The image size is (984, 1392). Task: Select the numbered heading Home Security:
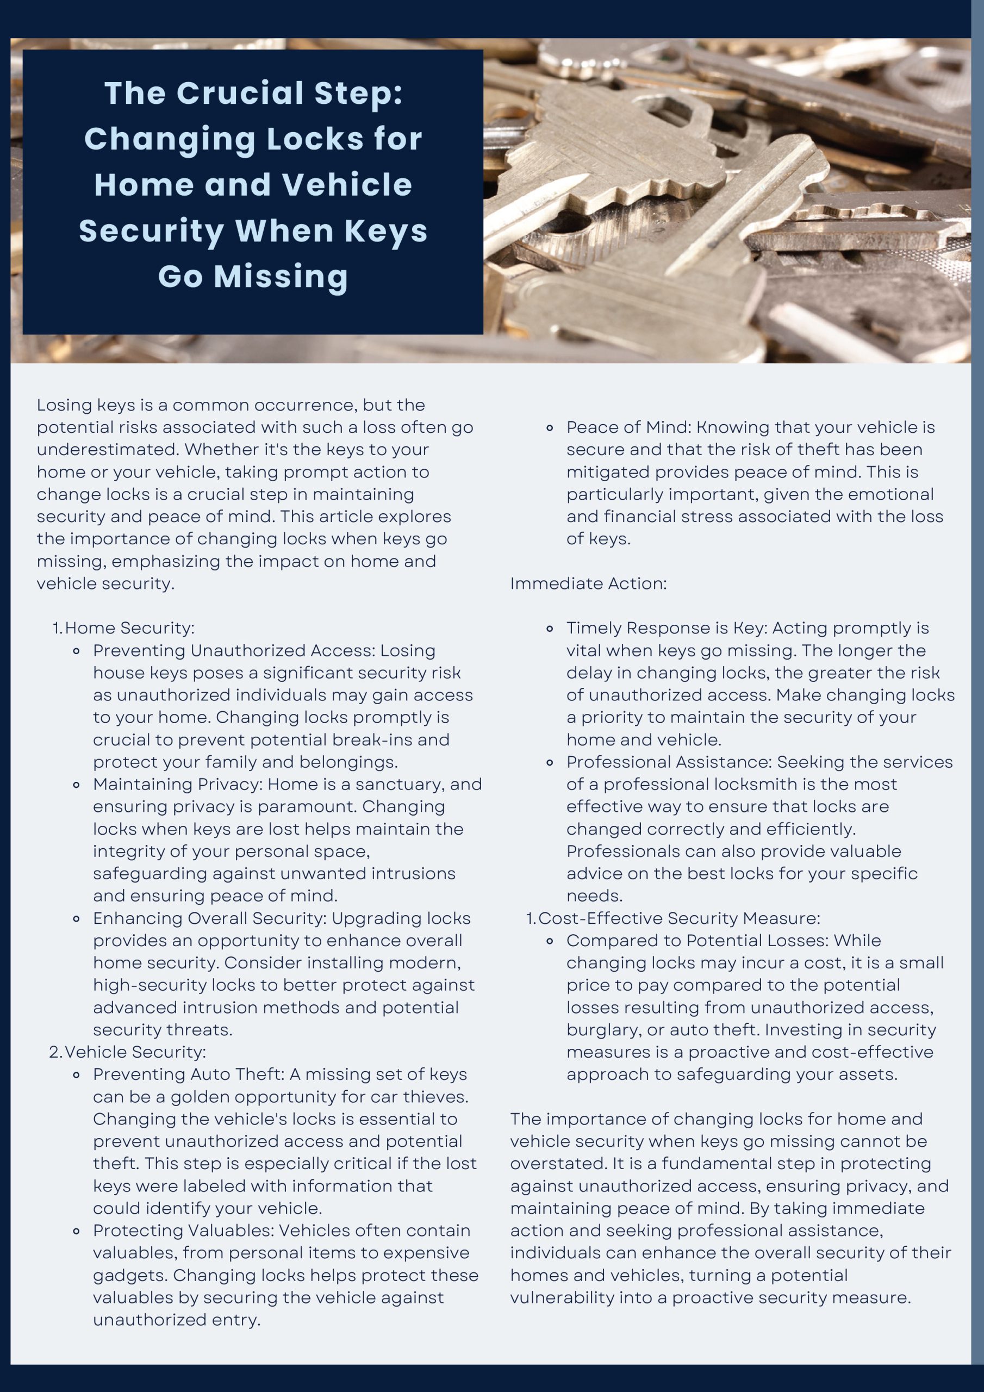click(x=130, y=628)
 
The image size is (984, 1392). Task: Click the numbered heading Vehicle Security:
click(x=135, y=1052)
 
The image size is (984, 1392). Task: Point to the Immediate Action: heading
click(x=588, y=583)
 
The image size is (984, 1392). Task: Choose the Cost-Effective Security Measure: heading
click(x=679, y=918)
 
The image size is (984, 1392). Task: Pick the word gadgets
click(x=128, y=1276)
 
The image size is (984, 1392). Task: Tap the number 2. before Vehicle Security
click(x=55, y=1052)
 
